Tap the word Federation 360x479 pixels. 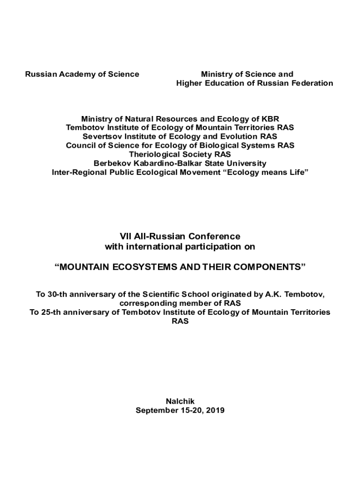coord(313,83)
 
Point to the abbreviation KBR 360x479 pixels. coord(270,119)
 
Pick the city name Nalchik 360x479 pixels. coord(180,401)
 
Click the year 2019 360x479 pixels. coord(215,410)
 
